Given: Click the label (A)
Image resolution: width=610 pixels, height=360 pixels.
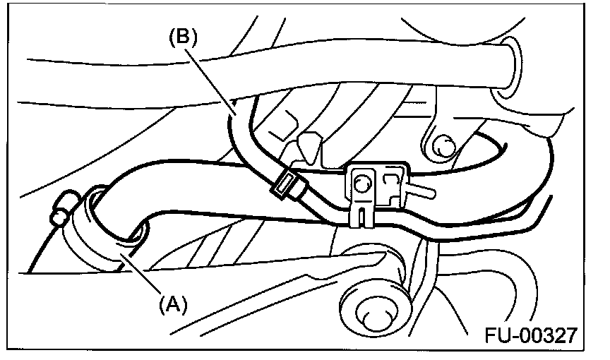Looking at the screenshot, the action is coord(172,304).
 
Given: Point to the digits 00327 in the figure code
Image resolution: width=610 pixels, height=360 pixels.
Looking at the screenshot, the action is coord(551,334).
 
